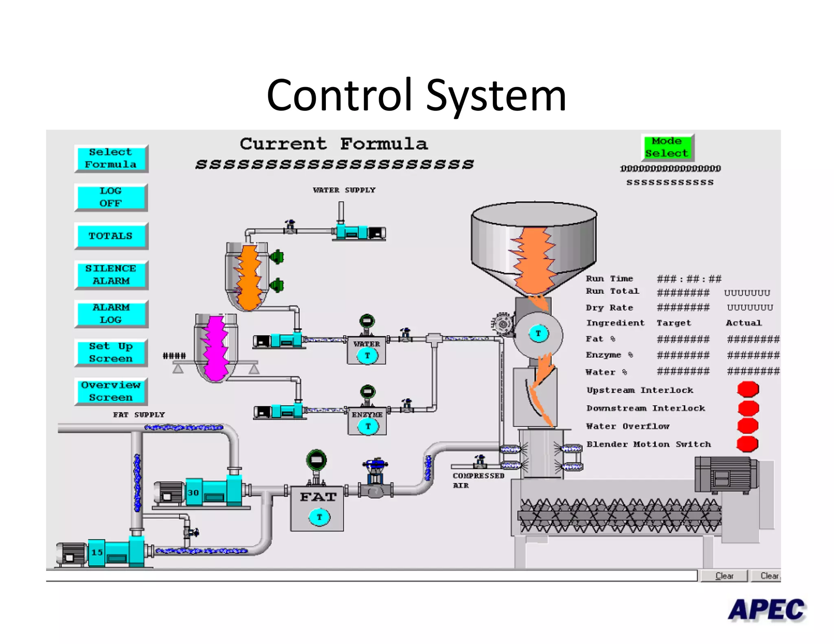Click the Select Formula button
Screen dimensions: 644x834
click(111, 158)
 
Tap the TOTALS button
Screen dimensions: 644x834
click(111, 236)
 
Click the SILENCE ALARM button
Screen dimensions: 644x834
click(111, 275)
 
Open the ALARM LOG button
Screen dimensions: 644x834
click(111, 314)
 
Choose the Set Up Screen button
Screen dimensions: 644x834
click(111, 353)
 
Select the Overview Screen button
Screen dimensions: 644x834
click(111, 391)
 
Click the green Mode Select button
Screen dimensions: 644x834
click(667, 147)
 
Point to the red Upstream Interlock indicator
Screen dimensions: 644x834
click(748, 389)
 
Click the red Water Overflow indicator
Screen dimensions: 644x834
click(748, 425)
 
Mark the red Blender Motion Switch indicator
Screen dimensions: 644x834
click(748, 444)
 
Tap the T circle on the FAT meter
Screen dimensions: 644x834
click(319, 517)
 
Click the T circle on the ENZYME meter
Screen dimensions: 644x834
click(368, 426)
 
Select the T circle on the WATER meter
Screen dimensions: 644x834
click(367, 355)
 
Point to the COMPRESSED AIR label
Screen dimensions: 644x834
click(478, 480)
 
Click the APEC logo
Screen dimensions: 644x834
click(766, 610)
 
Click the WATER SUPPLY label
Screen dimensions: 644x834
click(344, 190)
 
